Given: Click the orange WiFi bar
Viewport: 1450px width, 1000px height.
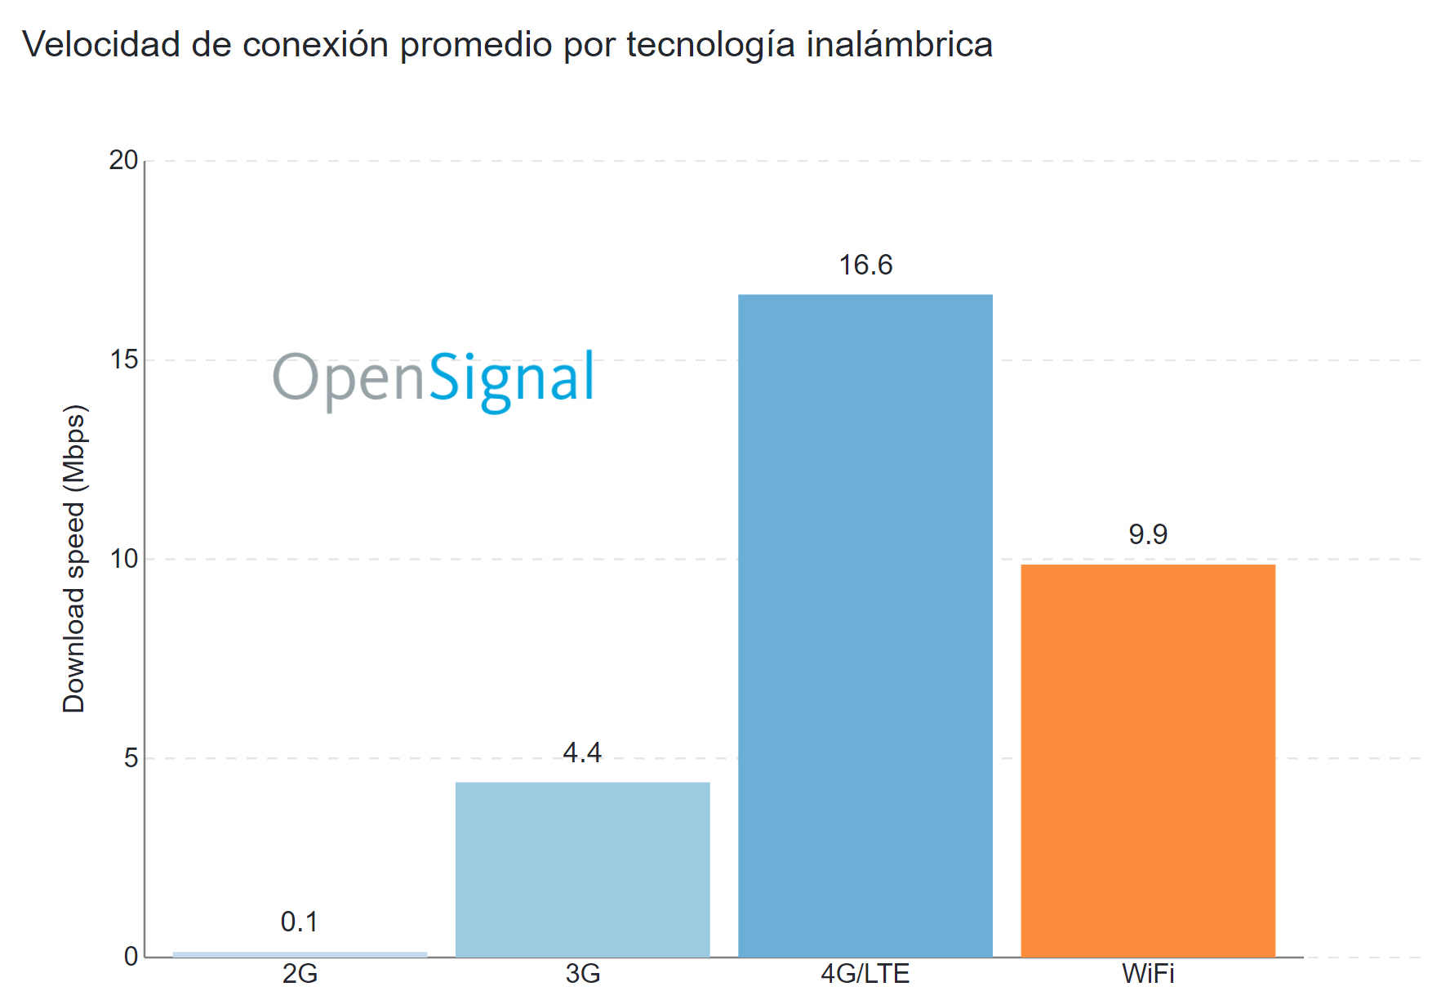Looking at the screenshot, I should pyautogui.click(x=1148, y=760).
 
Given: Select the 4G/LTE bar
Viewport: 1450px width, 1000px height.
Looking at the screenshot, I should pyautogui.click(x=865, y=625).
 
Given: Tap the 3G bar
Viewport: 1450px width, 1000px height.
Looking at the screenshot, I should pyautogui.click(x=582, y=869).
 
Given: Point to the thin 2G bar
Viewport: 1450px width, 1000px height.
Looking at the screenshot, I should pyautogui.click(x=300, y=953).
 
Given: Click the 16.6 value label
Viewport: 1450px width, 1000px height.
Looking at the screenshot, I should pyautogui.click(x=865, y=265).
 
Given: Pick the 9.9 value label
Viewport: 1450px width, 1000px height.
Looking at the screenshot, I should pyautogui.click(x=1148, y=534).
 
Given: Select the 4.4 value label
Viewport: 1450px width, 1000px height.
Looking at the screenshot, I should pyautogui.click(x=582, y=752).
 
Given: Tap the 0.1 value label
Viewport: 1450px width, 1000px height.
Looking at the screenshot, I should pyautogui.click(x=300, y=922).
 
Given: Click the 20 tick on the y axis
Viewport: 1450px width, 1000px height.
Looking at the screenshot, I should pyautogui.click(x=123, y=160).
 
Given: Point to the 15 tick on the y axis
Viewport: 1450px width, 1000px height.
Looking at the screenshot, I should pyautogui.click(x=123, y=359).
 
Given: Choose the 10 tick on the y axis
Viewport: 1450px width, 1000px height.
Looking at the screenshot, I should pyautogui.click(x=123, y=559).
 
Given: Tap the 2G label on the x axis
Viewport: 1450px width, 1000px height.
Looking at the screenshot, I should pyautogui.click(x=300, y=974).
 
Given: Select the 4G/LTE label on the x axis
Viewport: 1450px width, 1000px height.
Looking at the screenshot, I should pyautogui.click(x=865, y=974).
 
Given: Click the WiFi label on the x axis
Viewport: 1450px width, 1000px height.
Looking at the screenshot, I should pyautogui.click(x=1148, y=974).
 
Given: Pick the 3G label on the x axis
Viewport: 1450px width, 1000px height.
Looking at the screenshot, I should pyautogui.click(x=582, y=974).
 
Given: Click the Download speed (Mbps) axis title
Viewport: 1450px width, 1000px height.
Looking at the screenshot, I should pyautogui.click(x=74, y=559).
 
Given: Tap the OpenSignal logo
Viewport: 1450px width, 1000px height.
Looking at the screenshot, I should pyautogui.click(x=434, y=378).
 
